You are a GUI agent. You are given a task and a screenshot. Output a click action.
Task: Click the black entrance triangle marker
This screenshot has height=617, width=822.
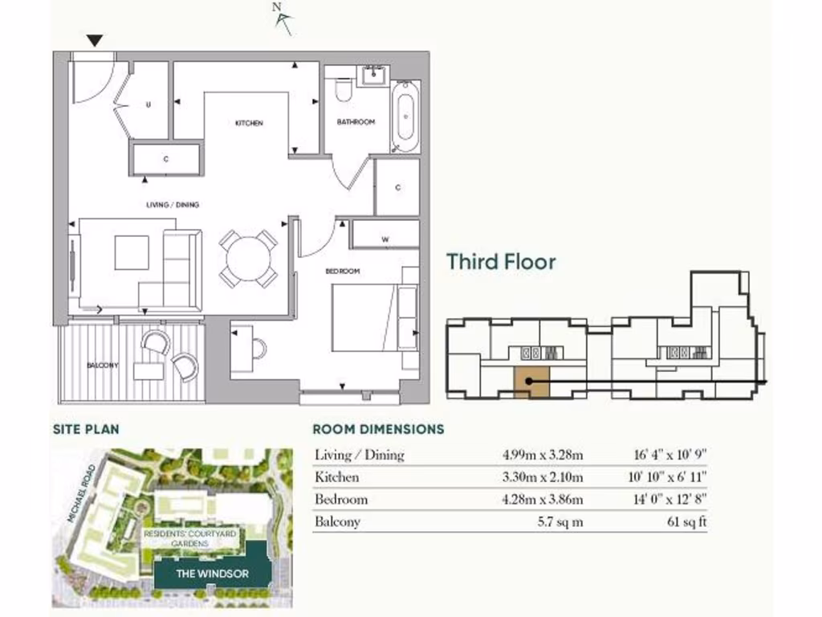[x=96, y=40]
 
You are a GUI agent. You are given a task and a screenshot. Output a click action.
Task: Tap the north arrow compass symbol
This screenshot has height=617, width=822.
[x=282, y=18]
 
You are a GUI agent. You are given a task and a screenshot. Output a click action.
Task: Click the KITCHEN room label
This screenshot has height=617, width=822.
[x=249, y=123]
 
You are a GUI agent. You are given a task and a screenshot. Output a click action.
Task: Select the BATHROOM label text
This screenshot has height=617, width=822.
[x=356, y=122]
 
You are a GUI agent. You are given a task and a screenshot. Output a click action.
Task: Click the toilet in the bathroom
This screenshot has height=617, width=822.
[x=343, y=90]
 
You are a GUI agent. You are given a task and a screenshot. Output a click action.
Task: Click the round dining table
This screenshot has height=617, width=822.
[x=249, y=259]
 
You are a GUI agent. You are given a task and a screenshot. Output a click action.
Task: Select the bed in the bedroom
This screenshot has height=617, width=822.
[x=366, y=317]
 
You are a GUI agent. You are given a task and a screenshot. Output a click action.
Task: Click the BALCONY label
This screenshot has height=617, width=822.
[x=103, y=366]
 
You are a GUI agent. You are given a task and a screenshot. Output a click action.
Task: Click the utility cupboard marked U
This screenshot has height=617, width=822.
[x=149, y=104]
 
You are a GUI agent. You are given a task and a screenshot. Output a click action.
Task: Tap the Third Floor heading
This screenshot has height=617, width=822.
[x=501, y=262]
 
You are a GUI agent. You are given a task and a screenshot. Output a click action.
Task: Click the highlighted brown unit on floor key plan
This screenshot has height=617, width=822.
[x=531, y=381]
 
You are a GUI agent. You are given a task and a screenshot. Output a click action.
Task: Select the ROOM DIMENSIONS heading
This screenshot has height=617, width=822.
[x=378, y=430]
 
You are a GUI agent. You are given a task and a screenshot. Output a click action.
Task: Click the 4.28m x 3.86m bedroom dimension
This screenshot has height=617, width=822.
[x=543, y=500]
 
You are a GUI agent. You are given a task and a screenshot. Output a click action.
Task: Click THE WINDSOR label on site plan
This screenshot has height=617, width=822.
[x=201, y=574]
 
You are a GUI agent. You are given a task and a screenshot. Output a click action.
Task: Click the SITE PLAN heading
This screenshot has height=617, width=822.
[x=86, y=430]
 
